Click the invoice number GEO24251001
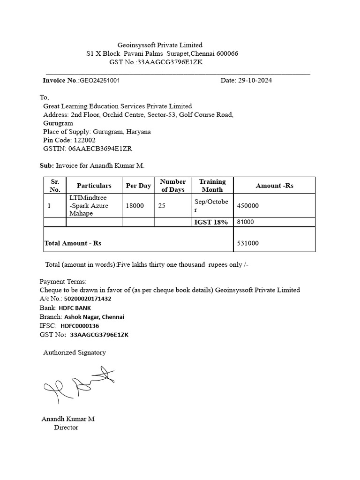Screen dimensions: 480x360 (100, 80)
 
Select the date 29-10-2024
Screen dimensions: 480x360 (253, 80)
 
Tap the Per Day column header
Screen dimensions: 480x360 (138, 186)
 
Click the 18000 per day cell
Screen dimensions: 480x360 (135, 205)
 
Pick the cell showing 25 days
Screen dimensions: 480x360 (162, 205)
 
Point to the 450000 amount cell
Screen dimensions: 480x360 (248, 205)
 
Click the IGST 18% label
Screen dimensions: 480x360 (211, 222)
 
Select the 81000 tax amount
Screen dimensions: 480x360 (246, 222)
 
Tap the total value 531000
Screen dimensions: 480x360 (248, 243)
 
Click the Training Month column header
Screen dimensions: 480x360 (212, 186)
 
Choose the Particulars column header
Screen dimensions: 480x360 (94, 186)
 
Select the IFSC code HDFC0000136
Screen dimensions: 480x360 (80, 326)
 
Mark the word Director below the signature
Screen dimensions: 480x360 (66, 427)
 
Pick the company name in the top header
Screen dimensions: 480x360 (160, 45)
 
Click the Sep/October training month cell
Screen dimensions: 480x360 (211, 205)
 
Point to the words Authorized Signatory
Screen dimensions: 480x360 (75, 352)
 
